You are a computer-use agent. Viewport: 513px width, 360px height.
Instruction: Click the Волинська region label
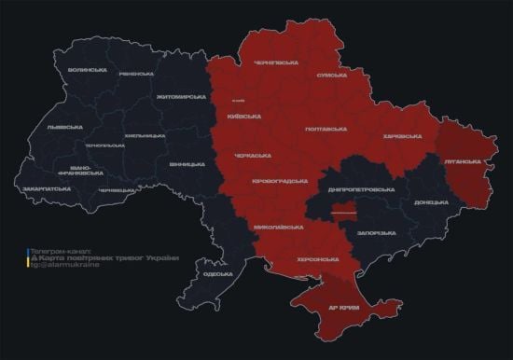tap(88, 70)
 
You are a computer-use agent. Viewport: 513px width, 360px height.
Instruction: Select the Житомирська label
tap(180, 96)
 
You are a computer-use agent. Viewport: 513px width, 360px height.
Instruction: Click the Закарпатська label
tap(48, 187)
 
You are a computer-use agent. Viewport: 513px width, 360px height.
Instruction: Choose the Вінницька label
tap(187, 164)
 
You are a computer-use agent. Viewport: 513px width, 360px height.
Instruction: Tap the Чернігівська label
tap(276, 62)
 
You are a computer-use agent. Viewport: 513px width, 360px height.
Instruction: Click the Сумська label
tap(332, 75)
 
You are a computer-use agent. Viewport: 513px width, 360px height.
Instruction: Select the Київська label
tap(243, 117)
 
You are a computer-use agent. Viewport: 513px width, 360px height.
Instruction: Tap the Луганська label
tap(463, 160)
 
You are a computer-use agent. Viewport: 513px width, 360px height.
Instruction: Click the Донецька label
tap(431, 201)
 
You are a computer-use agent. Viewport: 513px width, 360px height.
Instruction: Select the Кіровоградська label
tap(280, 180)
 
